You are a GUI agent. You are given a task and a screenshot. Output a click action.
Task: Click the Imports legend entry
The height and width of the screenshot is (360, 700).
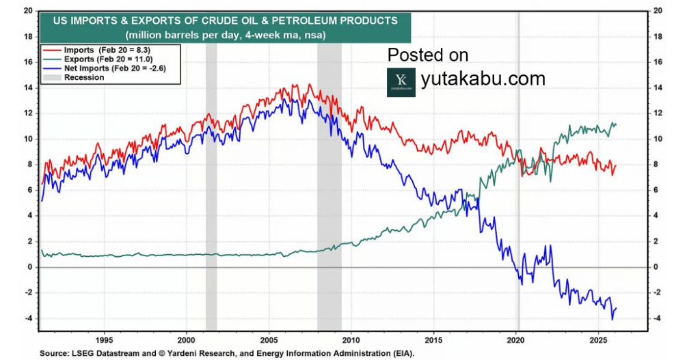(103, 51)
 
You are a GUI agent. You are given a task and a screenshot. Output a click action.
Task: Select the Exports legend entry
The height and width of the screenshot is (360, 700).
(103, 59)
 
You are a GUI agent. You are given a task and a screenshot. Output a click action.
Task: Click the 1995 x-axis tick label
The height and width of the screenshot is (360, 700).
(104, 340)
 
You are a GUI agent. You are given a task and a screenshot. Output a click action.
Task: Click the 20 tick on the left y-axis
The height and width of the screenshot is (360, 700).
(27, 10)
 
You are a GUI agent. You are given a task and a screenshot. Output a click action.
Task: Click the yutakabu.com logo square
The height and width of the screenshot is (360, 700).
(401, 82)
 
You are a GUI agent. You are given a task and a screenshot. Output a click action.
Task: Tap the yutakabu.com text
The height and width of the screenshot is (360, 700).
(483, 79)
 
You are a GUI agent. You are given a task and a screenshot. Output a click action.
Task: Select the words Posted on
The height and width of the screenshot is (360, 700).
(428, 55)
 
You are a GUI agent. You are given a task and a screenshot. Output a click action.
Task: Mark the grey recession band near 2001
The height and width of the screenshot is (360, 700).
(211, 205)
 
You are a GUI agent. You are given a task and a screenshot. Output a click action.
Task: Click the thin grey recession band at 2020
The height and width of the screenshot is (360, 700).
(518, 205)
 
